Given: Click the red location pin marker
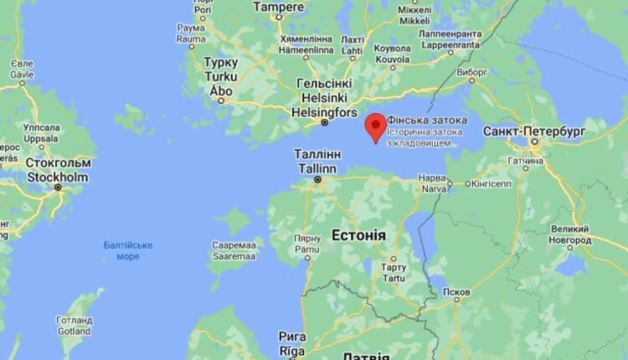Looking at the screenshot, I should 376,126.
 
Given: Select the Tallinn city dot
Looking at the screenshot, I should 317,179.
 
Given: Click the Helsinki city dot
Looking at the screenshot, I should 326,123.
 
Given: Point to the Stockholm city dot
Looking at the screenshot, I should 58,187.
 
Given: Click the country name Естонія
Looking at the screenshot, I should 358,235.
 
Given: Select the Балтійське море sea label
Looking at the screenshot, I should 128,250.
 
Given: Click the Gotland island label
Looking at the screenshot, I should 74,325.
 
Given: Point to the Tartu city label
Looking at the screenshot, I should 394,273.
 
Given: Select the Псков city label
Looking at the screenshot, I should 456,293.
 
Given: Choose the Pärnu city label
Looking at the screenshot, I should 307,249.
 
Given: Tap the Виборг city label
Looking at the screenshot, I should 472,72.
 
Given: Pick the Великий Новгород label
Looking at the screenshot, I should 570,234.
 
